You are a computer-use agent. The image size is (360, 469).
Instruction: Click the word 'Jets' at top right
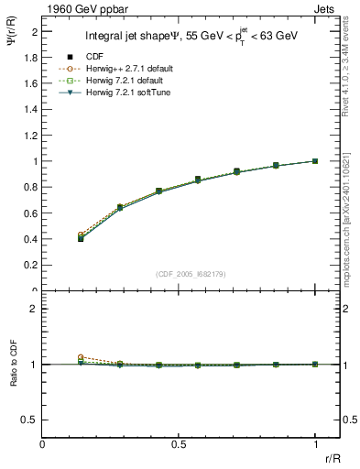click(325, 8)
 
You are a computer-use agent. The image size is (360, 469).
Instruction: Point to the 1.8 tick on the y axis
click(30, 57)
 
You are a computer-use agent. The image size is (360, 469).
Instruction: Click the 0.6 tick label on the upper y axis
click(30, 213)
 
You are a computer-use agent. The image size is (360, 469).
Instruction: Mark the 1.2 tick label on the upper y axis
click(30, 136)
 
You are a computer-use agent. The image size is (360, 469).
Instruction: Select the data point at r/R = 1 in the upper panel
click(315, 161)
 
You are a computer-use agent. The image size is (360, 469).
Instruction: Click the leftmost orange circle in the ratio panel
click(81, 357)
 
